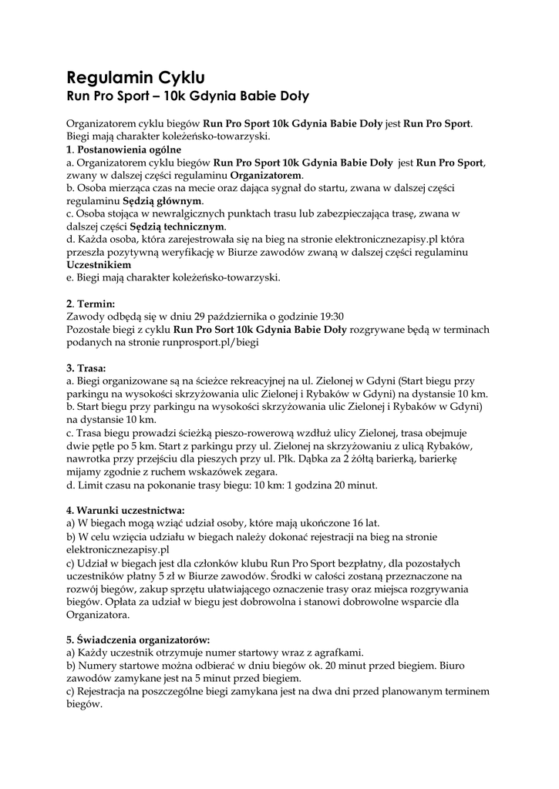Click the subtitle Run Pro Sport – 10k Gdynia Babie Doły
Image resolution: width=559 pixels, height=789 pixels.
[187, 97]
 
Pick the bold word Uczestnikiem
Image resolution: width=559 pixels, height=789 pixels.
[99, 264]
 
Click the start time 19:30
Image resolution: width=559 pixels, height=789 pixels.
[331, 316]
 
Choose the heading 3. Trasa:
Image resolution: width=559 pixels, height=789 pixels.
[86, 368]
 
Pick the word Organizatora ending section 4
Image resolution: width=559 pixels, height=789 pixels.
[98, 615]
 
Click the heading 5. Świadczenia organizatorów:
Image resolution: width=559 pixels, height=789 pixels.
[138, 640]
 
